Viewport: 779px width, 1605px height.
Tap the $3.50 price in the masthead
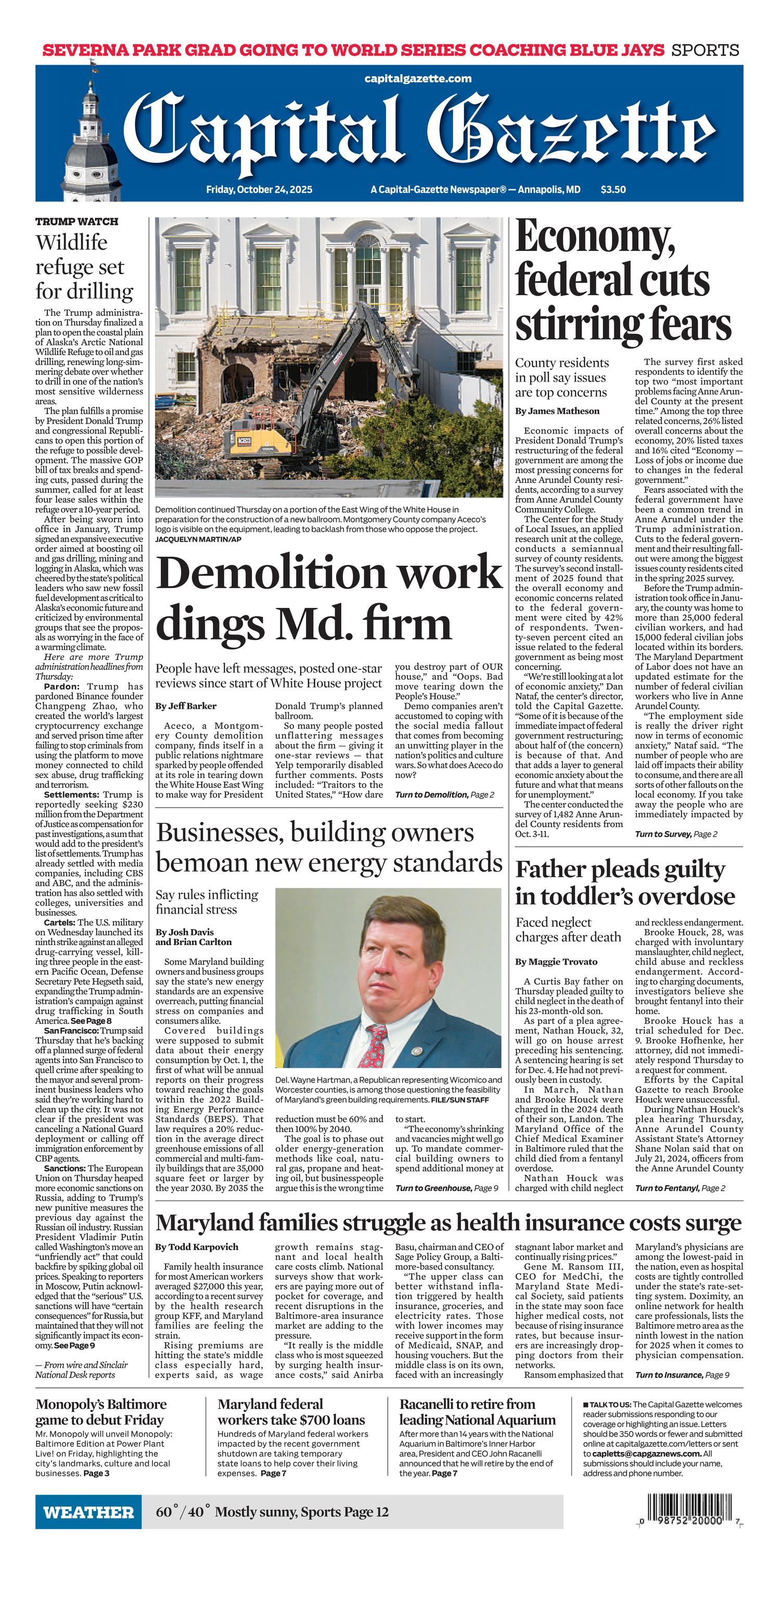[x=613, y=189]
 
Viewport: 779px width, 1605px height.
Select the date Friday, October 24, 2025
[x=259, y=189]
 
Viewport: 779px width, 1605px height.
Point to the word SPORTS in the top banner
[x=705, y=50]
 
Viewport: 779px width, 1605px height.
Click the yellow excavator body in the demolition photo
[x=249, y=443]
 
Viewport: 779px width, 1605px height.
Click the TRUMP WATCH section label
[x=76, y=222]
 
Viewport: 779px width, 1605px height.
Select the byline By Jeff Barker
[x=186, y=706]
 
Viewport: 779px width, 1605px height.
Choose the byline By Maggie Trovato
[x=556, y=961]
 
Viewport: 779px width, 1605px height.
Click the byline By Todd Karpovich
[x=196, y=1247]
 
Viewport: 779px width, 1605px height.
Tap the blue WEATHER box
[x=88, y=1512]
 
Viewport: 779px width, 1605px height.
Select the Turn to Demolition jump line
[x=444, y=794]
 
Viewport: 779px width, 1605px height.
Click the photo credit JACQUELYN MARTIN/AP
[x=198, y=538]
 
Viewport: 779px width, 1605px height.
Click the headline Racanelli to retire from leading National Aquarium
[x=477, y=1412]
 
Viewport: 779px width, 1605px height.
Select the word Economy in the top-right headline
[x=595, y=238]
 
